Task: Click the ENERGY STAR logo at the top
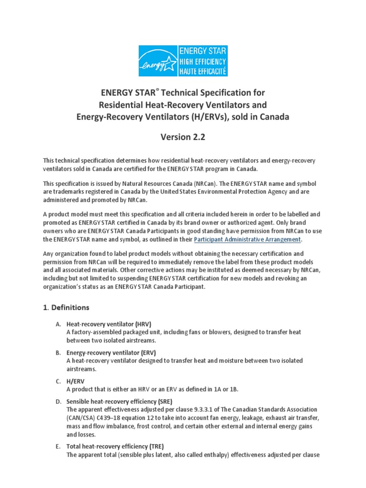tap(183, 61)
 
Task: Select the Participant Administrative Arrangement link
tap(247, 239)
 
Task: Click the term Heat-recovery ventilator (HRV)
tap(109, 324)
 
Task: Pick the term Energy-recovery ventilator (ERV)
tap(111, 353)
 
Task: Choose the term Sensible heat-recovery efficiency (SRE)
tap(119, 402)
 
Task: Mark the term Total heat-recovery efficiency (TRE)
tap(115, 447)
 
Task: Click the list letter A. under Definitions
tap(58, 324)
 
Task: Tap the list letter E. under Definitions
tap(58, 447)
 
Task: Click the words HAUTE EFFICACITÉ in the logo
tap(202, 71)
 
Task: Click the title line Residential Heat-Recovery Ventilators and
tap(183, 104)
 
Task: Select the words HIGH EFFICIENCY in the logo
tap(202, 61)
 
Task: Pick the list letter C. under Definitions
tap(58, 381)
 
